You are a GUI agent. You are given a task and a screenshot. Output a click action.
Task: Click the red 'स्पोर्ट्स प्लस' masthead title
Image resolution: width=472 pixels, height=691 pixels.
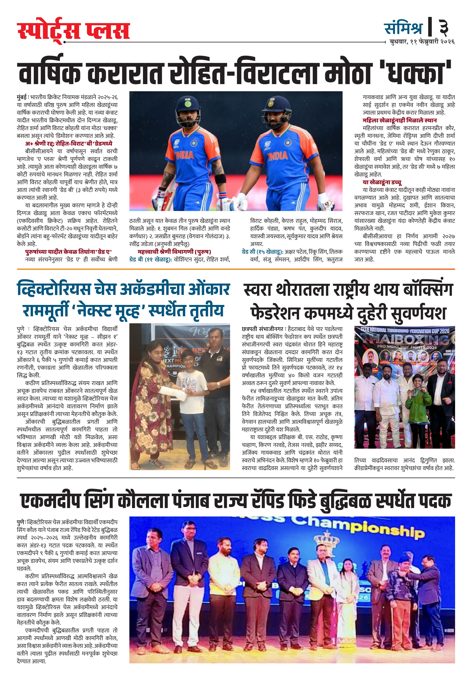click(73, 31)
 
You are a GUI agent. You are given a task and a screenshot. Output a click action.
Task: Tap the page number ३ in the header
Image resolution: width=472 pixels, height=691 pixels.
click(444, 28)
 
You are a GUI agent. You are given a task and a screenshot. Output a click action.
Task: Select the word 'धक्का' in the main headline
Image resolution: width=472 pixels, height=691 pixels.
click(419, 73)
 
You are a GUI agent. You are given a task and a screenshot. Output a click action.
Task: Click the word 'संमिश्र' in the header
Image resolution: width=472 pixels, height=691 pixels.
click(403, 28)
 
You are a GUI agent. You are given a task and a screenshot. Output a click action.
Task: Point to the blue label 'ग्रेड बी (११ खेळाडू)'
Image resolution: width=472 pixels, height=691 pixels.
click(150, 260)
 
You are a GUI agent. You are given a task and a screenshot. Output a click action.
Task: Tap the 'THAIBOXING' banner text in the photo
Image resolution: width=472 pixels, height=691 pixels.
click(405, 339)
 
